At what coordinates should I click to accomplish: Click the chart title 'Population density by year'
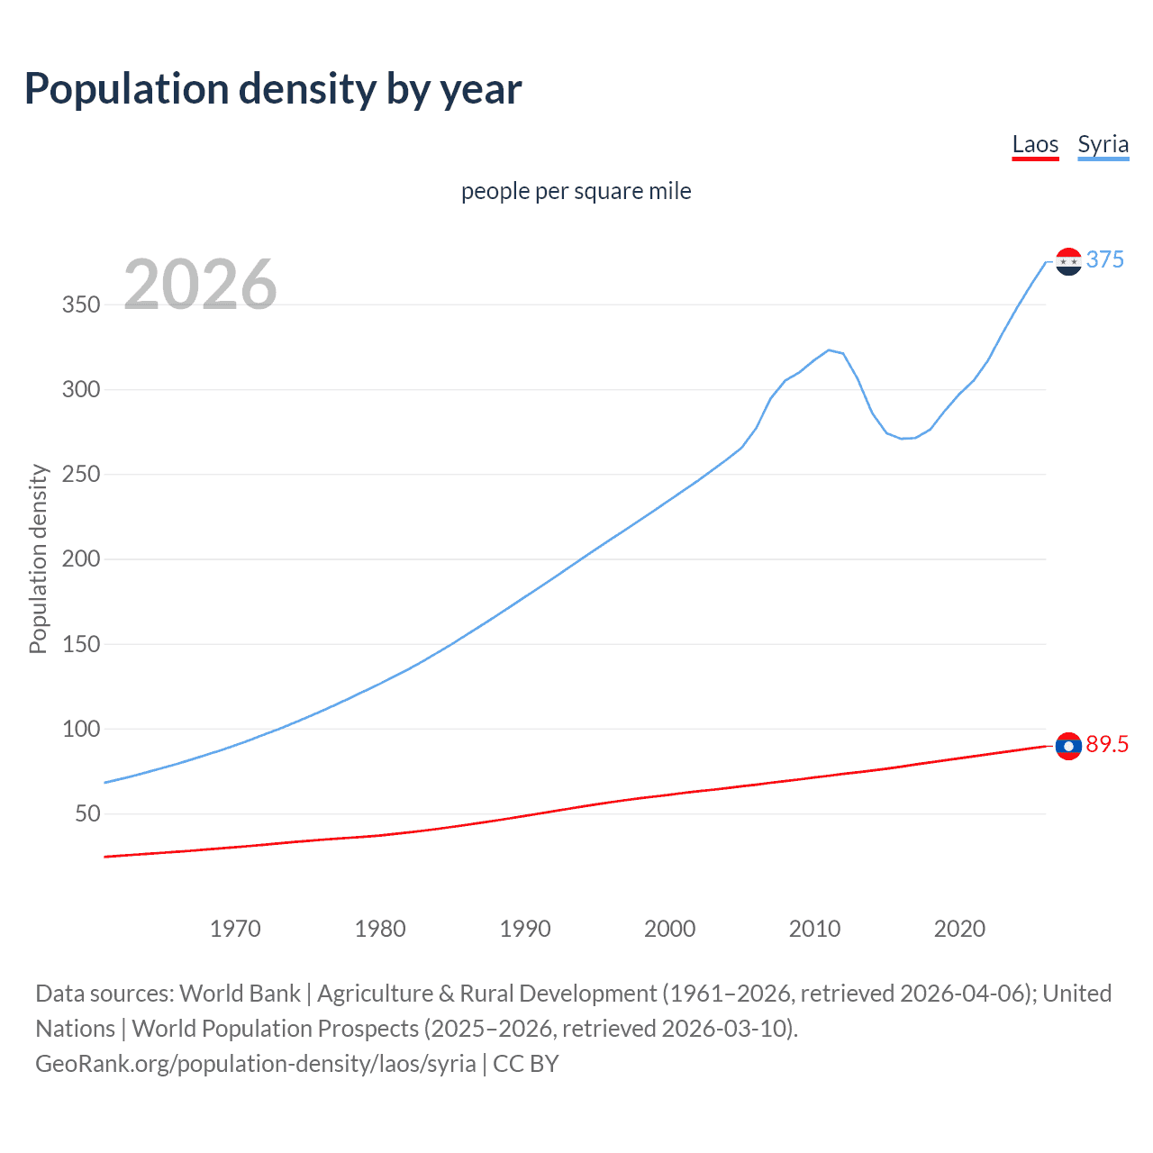coord(273,89)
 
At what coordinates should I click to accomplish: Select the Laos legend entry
coord(1035,145)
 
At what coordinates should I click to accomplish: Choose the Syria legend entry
coord(1103,145)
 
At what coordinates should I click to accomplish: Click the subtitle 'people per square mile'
coord(576,191)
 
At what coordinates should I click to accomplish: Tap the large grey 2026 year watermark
coord(200,285)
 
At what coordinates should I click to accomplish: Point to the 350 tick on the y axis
coord(81,304)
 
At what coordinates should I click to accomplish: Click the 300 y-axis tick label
coord(81,390)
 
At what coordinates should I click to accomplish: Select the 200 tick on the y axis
coord(81,559)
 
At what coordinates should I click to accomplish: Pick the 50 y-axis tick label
coord(87,814)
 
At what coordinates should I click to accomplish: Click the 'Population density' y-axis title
coord(38,558)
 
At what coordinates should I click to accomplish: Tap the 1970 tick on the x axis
coord(235,929)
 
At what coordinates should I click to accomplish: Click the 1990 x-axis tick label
coord(525,929)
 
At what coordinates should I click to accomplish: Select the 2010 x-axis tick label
coord(814,929)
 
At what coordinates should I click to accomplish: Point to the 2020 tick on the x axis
coord(959,929)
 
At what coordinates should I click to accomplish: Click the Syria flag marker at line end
coord(1068,261)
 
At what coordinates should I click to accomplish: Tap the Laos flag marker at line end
coord(1068,746)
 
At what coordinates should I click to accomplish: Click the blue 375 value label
coord(1105,259)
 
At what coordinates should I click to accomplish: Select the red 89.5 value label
coord(1107,744)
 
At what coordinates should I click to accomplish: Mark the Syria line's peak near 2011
coord(829,350)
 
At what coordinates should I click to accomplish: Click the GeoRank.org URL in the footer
coord(255,1064)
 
